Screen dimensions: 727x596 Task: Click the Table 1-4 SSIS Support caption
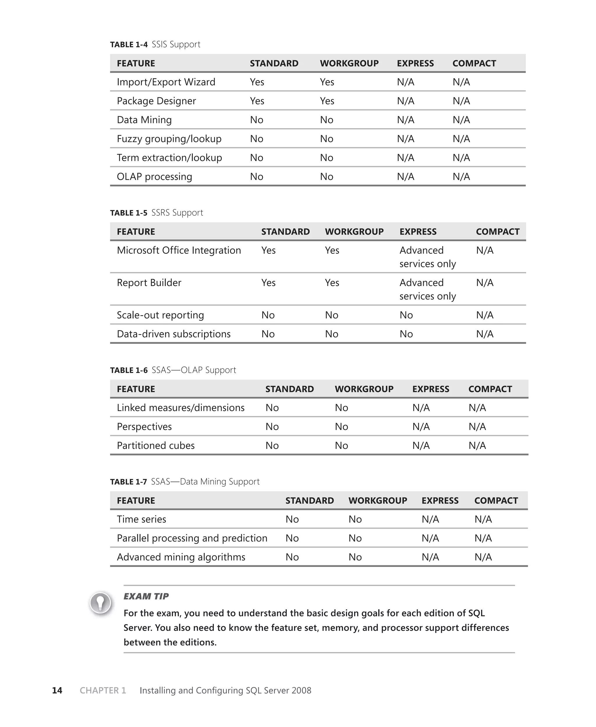pos(155,44)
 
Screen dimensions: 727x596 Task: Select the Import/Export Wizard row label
pos(166,82)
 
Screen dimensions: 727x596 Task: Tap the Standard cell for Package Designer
pos(257,101)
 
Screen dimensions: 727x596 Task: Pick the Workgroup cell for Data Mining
pos(327,120)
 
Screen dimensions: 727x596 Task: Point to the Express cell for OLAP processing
pos(405,176)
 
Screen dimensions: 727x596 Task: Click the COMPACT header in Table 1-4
pos(474,63)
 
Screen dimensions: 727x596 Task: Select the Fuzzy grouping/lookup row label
pos(169,139)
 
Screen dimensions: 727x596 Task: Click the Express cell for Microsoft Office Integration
pos(428,257)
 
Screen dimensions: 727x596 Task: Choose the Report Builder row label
pos(149,283)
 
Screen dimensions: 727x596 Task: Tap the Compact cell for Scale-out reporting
pos(485,315)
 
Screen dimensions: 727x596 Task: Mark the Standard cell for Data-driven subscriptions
pos(268,334)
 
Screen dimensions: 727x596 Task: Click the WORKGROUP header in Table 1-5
pos(354,232)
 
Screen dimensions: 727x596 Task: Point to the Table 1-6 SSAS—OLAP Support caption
pos(173,370)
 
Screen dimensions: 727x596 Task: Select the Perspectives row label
pos(144,427)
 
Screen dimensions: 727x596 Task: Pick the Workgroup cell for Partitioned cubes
pos(341,446)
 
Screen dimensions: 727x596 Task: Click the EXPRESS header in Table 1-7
pos(440,501)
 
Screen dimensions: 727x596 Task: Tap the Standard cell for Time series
pos(292,519)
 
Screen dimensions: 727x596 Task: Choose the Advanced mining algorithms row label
pos(181,557)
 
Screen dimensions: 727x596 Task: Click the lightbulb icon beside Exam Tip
pos(100,603)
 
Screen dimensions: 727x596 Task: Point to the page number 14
pos(57,690)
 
